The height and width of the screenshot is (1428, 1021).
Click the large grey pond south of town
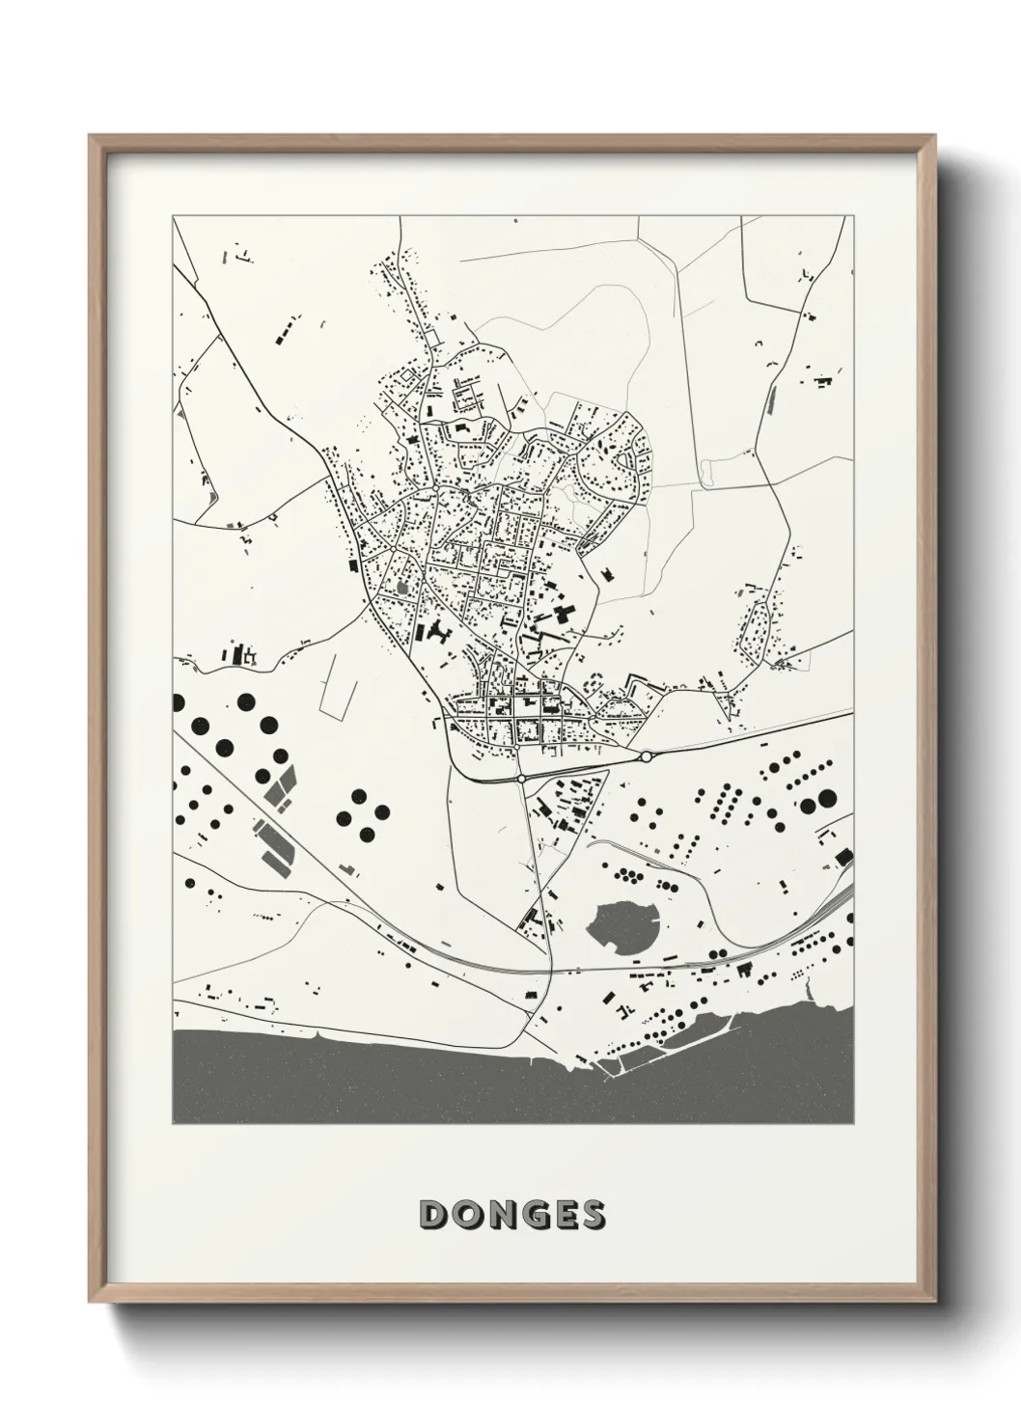tap(621, 926)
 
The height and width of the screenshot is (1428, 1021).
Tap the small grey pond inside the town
tap(402, 586)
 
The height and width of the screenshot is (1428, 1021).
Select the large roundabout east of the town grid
tap(646, 755)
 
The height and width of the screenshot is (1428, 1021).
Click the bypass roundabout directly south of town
tap(521, 777)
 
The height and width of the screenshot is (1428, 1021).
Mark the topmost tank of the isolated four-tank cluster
tap(358, 796)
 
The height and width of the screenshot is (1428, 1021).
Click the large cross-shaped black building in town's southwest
tap(440, 634)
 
